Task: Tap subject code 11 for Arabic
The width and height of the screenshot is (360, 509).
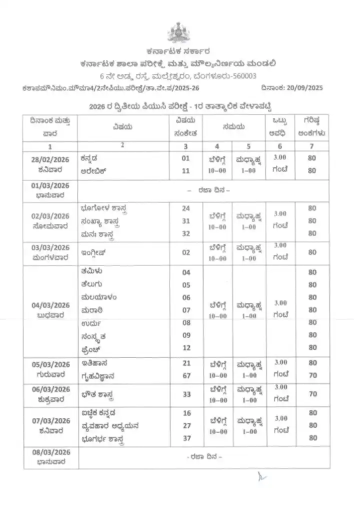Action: click(x=186, y=170)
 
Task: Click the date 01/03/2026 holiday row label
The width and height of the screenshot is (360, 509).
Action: click(x=49, y=186)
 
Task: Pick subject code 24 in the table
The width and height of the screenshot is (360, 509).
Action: click(x=186, y=208)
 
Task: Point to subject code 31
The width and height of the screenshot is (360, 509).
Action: click(x=186, y=220)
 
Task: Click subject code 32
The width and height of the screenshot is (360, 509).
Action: click(x=186, y=233)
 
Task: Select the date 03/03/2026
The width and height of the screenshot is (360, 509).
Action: click(x=49, y=248)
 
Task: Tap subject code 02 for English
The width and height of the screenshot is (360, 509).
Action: click(x=186, y=252)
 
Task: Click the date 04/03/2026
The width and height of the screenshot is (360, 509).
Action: click(x=49, y=305)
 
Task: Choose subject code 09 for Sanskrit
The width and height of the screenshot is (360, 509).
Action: click(x=186, y=335)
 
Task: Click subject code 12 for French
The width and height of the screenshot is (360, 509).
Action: click(x=186, y=347)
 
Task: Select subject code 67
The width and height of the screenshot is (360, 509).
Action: click(x=186, y=375)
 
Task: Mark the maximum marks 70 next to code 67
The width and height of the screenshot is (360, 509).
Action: click(x=312, y=375)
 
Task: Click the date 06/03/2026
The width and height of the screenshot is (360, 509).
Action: click(x=49, y=389)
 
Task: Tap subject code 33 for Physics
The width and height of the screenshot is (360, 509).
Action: click(x=186, y=394)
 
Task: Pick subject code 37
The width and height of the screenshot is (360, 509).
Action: click(x=186, y=438)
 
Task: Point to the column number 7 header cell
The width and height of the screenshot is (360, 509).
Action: click(x=312, y=146)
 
